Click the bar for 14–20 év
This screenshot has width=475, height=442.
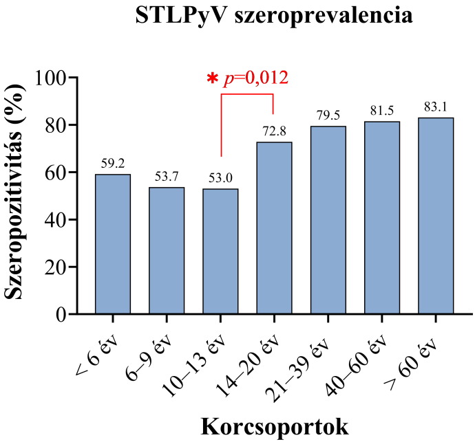274,228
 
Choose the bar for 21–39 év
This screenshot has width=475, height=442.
328,220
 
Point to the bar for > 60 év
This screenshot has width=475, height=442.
436,216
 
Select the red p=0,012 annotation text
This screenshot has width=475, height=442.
255,78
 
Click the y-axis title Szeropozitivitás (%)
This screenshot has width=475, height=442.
19,196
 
